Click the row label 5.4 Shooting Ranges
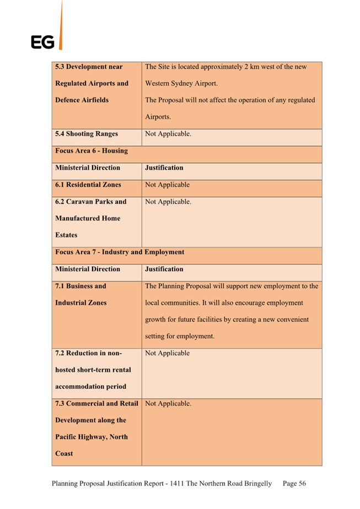pos(87,134)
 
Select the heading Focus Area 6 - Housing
pos(92,151)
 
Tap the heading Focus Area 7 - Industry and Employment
pos(120,252)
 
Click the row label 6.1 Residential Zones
pos(88,185)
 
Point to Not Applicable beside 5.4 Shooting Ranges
pos(168,134)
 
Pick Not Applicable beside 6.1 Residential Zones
pos(167,185)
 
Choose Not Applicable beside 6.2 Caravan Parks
pos(168,202)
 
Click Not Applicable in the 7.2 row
pos(167,353)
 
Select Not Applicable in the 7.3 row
pos(168,404)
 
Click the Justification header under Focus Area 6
pos(164,167)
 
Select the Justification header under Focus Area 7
pos(164,269)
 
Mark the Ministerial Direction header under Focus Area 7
pos(88,269)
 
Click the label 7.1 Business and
pos(80,286)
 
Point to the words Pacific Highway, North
pos(92,437)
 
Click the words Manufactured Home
pos(88,218)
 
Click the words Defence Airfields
pos(82,100)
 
